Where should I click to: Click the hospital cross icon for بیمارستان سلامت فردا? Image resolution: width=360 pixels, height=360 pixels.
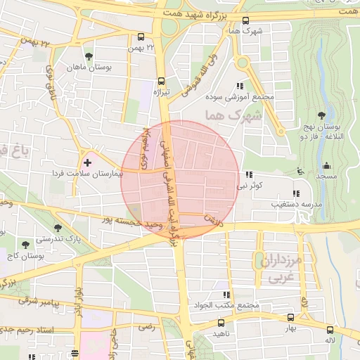tap(87, 162)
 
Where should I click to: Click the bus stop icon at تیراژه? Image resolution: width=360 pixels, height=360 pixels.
tap(162, 81)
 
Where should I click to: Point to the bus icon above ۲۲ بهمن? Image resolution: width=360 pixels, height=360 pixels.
tap(141, 37)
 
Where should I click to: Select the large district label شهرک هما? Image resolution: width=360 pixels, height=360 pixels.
tap(230, 115)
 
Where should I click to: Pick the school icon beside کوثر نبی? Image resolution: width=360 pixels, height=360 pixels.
tap(248, 174)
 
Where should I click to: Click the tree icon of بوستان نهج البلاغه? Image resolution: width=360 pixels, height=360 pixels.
tap(321, 115)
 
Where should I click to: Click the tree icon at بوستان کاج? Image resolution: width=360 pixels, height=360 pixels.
tap(26, 245)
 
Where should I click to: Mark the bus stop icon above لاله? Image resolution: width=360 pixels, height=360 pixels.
tap(330, 329)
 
